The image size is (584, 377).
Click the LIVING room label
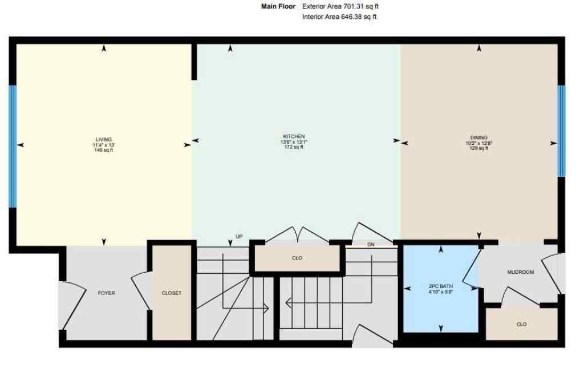[104, 139]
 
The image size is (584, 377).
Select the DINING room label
[478, 137]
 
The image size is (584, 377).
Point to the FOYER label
[106, 293]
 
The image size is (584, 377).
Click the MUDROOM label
[520, 272]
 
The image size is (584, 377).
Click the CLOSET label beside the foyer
[172, 293]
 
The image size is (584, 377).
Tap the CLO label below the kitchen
[297, 258]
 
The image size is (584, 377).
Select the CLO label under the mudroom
[521, 325]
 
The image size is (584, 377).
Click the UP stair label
[239, 236]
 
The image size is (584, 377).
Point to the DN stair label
[371, 244]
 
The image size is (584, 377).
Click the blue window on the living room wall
[13, 145]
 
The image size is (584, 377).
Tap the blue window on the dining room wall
[561, 131]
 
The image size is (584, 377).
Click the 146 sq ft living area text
[104, 150]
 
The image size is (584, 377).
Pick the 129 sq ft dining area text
[478, 148]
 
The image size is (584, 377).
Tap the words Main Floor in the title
[278, 6]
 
